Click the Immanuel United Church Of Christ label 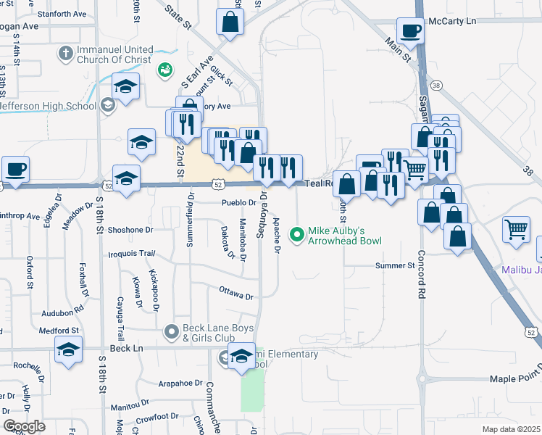(116, 55)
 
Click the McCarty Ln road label (454, 21)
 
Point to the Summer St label (393, 266)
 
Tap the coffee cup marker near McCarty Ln (410, 31)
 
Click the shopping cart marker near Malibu (517, 230)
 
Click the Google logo (24, 426)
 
